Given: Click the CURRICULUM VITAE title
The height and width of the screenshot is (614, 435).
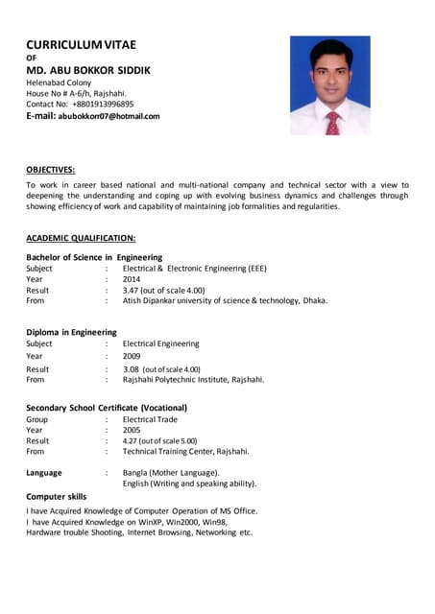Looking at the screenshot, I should tap(81, 44).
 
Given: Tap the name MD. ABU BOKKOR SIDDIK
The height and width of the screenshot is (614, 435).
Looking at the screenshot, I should tap(87, 70).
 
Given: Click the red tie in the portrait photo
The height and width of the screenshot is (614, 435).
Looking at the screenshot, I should tap(332, 121).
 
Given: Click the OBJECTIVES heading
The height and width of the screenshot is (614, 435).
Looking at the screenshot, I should tap(51, 169).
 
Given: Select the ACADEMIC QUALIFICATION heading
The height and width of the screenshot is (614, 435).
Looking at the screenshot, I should tap(81, 237).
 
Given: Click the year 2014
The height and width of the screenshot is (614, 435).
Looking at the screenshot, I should tap(132, 279).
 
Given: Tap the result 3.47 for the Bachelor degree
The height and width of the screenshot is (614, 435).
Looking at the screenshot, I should tap(133, 290).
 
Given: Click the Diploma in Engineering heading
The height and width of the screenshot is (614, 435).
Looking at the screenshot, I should tap(71, 332).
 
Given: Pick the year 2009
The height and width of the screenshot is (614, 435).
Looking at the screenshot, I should tap(132, 356).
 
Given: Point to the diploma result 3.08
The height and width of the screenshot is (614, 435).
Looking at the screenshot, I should tap(133, 369).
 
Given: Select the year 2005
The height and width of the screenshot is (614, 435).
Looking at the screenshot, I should tap(132, 431).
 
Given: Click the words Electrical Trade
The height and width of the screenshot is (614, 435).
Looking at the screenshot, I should tap(150, 419).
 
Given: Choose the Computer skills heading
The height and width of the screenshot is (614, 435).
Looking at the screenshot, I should tap(56, 497).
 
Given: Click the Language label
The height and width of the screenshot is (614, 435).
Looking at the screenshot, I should tap(44, 473).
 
